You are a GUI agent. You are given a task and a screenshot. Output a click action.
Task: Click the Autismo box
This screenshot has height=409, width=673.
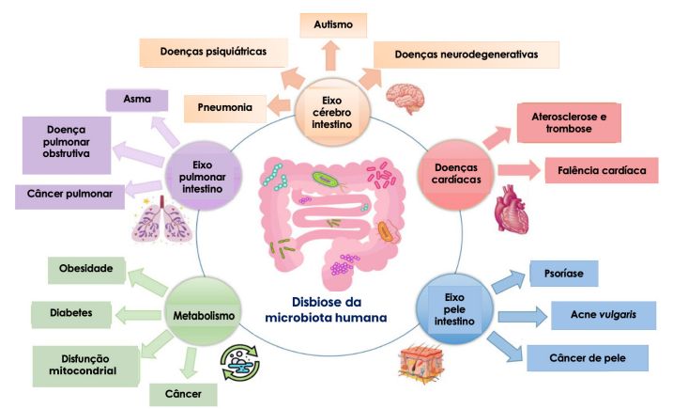[x=334, y=24]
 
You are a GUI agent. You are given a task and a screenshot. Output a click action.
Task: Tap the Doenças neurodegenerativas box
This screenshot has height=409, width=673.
[x=466, y=55]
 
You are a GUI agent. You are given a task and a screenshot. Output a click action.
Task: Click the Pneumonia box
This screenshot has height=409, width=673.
[x=225, y=108]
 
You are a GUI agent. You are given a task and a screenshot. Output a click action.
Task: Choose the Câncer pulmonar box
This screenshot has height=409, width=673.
[x=71, y=195]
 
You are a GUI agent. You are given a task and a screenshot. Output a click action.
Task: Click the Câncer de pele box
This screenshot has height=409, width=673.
[x=587, y=357]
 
